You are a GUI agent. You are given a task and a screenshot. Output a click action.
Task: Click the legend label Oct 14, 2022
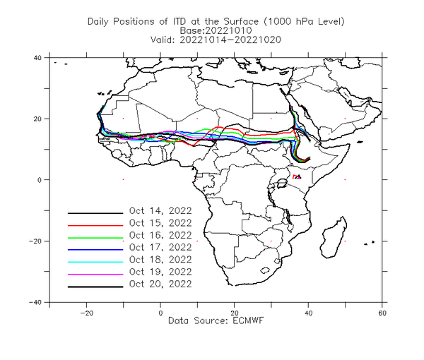click(x=160, y=211)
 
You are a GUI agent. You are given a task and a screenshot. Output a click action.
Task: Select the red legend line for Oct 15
click(x=95, y=225)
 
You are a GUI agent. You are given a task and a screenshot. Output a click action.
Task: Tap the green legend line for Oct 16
click(x=95, y=238)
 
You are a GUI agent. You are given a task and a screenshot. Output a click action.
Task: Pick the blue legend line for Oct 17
click(x=95, y=250)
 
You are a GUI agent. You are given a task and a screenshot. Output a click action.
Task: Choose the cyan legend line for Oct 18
click(x=95, y=262)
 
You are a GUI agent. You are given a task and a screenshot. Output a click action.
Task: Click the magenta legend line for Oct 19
click(x=95, y=275)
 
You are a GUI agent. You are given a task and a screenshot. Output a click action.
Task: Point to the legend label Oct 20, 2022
click(x=160, y=284)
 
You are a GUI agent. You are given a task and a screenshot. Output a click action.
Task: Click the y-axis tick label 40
click(x=37, y=58)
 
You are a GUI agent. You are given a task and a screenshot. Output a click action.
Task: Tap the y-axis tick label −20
click(x=35, y=241)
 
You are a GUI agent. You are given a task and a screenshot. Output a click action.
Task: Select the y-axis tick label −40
click(x=35, y=302)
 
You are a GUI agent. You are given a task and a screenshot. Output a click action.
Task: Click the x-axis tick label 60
click(x=382, y=313)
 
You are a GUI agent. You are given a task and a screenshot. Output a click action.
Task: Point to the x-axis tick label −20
click(x=86, y=313)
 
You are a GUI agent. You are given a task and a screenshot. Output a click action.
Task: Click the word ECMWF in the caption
click(x=248, y=321)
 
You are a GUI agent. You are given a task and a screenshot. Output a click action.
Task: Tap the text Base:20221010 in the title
click(x=216, y=30)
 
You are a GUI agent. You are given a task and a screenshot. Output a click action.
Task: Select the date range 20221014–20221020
click(x=230, y=40)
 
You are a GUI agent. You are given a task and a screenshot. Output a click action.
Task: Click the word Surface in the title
click(x=241, y=21)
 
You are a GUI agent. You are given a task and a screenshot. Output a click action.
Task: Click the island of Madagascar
click(x=333, y=238)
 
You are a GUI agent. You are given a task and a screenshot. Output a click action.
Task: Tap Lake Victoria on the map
click(x=282, y=184)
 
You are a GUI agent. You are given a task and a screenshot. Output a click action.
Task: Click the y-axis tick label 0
click(x=40, y=180)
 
